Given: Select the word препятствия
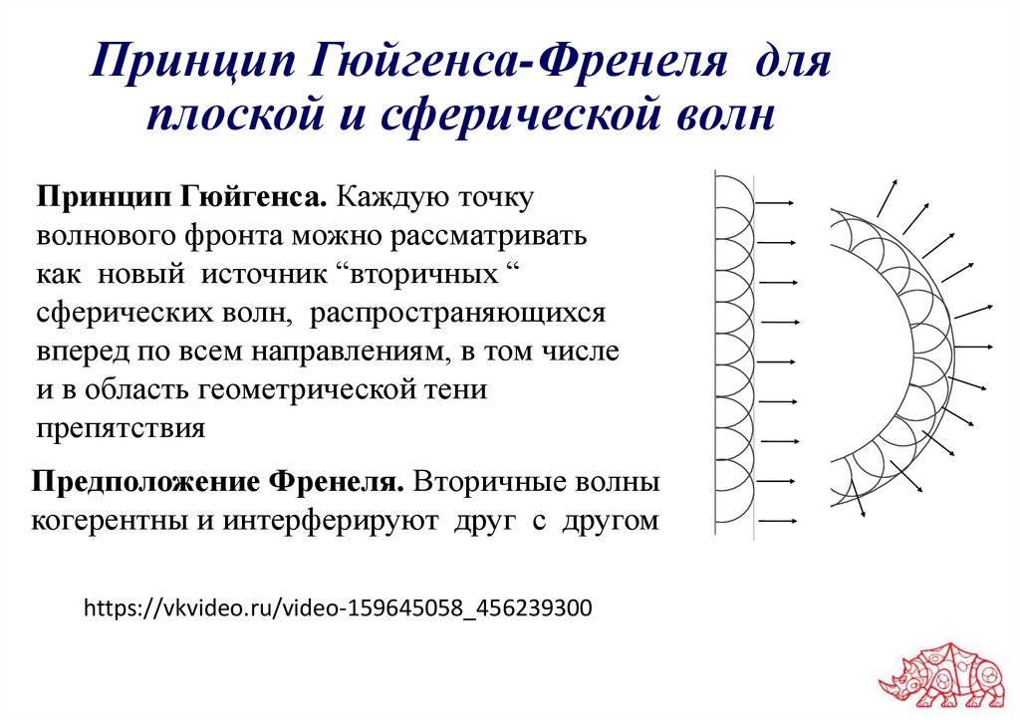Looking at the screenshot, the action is [121, 428].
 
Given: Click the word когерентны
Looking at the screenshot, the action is [119, 520].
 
